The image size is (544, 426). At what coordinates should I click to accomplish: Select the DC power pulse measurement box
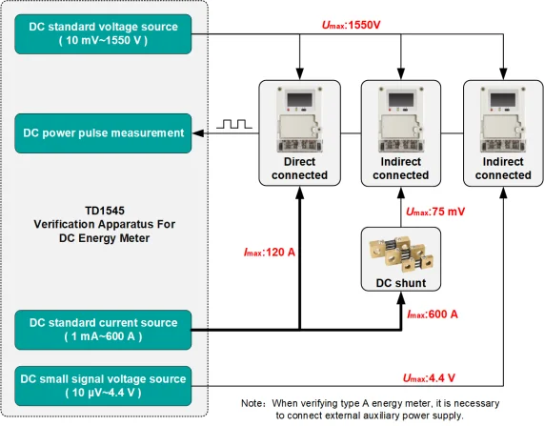coord(102,132)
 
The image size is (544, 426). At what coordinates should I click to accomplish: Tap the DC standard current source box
coord(102,330)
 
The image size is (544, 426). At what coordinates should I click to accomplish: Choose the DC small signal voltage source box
coord(102,383)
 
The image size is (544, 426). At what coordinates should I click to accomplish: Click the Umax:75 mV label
coord(436,211)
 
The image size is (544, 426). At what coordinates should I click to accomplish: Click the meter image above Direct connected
coord(299,119)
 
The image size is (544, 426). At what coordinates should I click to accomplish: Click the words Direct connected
coord(299,168)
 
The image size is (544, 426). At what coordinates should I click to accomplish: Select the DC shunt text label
coord(400,283)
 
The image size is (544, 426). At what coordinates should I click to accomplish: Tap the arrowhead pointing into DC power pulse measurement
coord(198,132)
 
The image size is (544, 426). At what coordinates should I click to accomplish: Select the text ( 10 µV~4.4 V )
coord(102,392)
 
